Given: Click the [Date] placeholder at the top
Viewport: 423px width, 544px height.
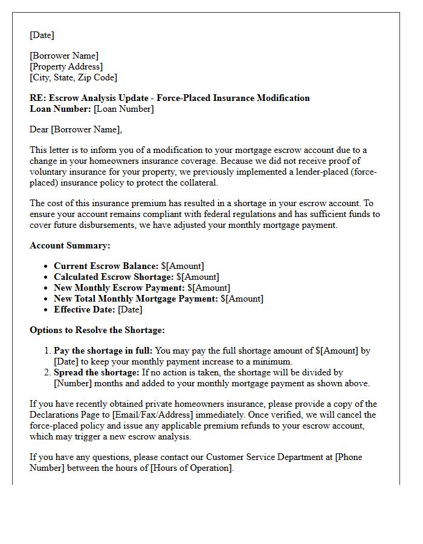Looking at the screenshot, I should pos(42,35).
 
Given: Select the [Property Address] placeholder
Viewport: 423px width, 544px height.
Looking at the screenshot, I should pos(66,66).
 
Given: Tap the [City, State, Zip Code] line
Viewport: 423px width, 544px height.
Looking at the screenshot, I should pos(74,77).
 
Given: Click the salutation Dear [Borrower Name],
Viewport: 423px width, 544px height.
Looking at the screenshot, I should pos(76,129).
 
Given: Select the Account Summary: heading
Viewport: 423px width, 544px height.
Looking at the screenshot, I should pos(69,246).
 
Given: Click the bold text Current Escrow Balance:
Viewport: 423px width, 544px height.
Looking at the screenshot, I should pos(106,266).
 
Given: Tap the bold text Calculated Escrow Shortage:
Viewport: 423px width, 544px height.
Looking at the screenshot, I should pos(114,277).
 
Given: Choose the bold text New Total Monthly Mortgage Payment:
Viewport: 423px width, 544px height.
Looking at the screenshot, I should pos(136,299).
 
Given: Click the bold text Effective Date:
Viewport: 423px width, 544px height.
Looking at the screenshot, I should pos(85,309).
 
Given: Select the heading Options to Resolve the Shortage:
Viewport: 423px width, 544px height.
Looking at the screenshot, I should pos(97,330).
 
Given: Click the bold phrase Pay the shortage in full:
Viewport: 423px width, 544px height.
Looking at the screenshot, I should pos(103,351).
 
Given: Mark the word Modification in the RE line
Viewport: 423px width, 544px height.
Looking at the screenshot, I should pos(283,98).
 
